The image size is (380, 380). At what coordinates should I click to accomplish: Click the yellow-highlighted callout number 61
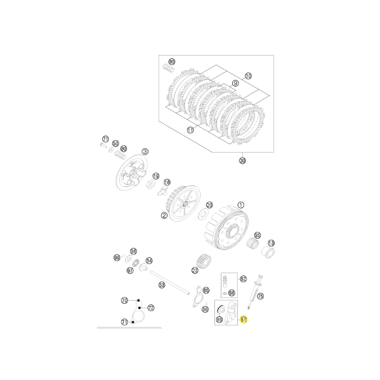click(243, 320)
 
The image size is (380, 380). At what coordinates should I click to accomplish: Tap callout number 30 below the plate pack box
click(242, 161)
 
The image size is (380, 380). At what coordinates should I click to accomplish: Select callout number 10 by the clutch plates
click(248, 76)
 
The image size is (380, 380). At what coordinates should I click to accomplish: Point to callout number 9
click(235, 84)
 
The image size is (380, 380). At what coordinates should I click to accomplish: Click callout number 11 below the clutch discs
click(190, 130)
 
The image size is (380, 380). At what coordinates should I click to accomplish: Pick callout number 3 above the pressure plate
click(145, 152)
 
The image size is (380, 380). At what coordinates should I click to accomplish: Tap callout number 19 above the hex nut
click(156, 176)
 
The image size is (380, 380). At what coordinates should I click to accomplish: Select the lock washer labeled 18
click(163, 191)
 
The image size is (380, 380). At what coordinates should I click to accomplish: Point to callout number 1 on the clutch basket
click(241, 205)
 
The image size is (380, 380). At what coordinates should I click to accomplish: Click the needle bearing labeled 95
click(252, 243)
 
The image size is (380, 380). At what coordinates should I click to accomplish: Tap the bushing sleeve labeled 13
click(268, 252)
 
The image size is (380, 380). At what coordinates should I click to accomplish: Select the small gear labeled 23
click(203, 261)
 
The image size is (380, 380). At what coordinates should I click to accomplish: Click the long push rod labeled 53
click(170, 283)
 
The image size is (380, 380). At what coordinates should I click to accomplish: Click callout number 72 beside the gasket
click(151, 308)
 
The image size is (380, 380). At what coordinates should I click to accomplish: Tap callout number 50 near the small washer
click(115, 143)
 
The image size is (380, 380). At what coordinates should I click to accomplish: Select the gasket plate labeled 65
click(198, 297)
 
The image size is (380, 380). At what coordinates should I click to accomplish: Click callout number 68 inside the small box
click(232, 293)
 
